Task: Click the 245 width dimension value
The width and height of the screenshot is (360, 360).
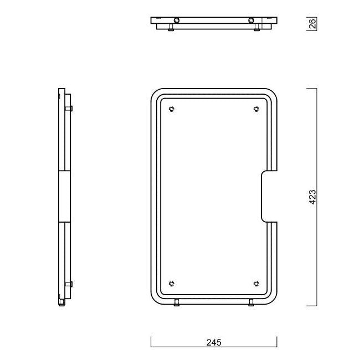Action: tap(214, 342)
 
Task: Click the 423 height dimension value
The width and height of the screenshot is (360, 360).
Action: tap(312, 197)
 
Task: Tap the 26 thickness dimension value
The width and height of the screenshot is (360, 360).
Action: tap(312, 24)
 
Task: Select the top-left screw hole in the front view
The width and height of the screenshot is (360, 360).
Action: tap(172, 109)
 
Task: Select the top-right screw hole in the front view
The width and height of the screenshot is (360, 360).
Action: tap(256, 109)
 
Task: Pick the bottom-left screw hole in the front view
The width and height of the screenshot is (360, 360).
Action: tap(172, 284)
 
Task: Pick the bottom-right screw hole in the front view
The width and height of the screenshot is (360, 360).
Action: tap(256, 284)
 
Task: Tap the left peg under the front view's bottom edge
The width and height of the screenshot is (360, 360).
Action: tap(177, 302)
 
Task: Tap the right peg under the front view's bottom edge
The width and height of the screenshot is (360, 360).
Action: tap(251, 302)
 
